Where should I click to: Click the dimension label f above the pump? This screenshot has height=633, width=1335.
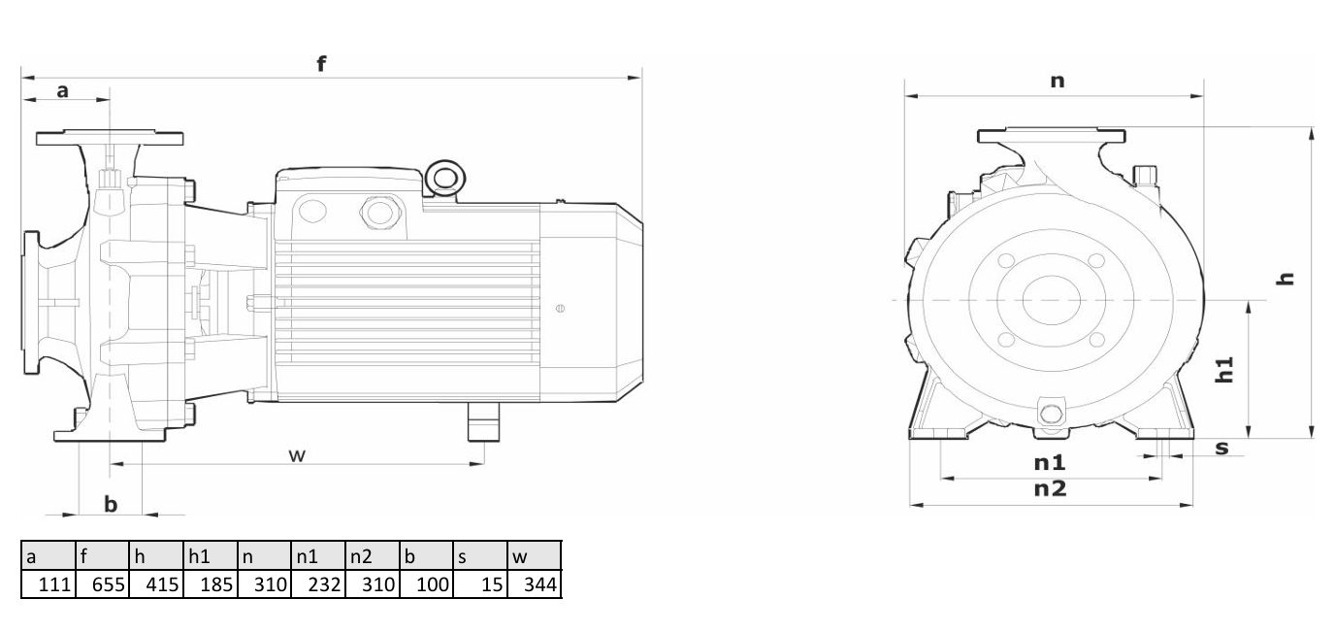(321, 63)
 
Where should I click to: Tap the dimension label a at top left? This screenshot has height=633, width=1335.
(62, 91)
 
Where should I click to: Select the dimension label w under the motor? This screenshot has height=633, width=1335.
(297, 455)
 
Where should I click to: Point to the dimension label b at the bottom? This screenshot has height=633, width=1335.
(111, 504)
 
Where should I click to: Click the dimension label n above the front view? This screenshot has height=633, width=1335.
(1058, 82)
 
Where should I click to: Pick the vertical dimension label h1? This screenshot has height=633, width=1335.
(1224, 370)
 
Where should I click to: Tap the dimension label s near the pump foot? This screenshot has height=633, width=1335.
(1221, 448)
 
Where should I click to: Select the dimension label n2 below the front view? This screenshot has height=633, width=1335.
(1050, 488)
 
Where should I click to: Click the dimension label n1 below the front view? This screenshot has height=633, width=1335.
(1050, 462)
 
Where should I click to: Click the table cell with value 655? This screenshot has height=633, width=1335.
(103, 584)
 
